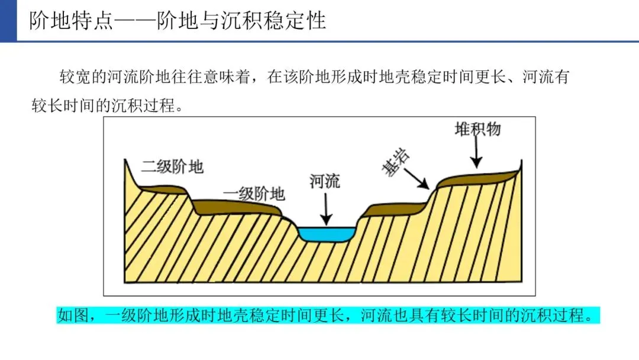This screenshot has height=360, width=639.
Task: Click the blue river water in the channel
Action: point(325,234)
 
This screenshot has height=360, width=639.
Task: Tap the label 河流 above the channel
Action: point(325,181)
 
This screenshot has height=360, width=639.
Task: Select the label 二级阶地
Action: point(172,166)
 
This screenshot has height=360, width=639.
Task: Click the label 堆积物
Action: point(477,129)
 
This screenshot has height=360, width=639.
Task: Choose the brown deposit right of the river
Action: point(390,210)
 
